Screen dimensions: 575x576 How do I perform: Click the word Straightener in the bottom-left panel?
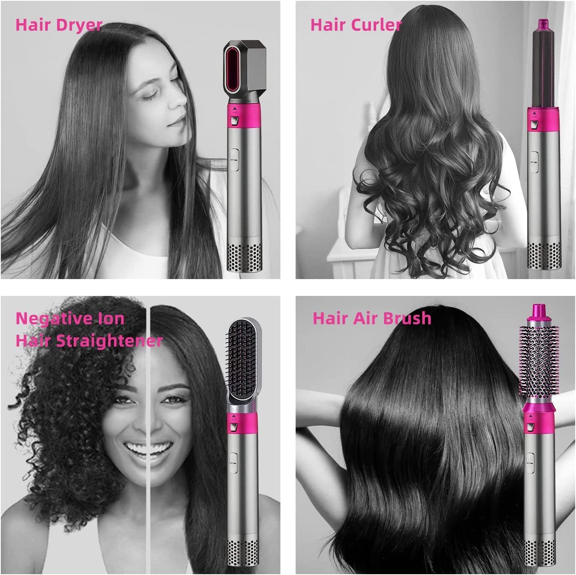click(x=109, y=341)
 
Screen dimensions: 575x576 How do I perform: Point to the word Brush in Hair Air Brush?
click(x=407, y=318)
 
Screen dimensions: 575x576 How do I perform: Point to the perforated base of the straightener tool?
click(x=242, y=555)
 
